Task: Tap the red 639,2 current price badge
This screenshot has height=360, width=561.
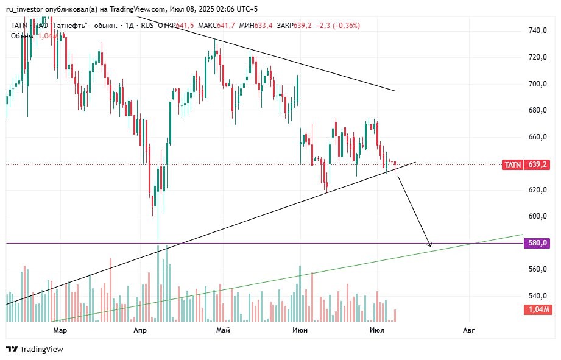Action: pyautogui.click(x=538, y=164)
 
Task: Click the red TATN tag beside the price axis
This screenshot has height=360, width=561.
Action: pyautogui.click(x=512, y=164)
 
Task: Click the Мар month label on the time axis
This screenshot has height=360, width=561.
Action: pyautogui.click(x=60, y=330)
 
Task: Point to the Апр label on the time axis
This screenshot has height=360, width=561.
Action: pyautogui.click(x=140, y=330)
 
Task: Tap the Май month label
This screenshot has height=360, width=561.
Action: pyautogui.click(x=223, y=330)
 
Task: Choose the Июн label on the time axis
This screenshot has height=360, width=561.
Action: pyautogui.click(x=300, y=330)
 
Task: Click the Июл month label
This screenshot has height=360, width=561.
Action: pyautogui.click(x=378, y=330)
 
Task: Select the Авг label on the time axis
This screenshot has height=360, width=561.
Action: pyautogui.click(x=468, y=330)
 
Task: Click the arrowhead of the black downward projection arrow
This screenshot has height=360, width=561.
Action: pyautogui.click(x=430, y=244)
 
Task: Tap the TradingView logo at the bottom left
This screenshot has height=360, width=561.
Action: pyautogui.click(x=35, y=349)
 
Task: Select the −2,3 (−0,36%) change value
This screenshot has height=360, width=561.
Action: pyautogui.click(x=338, y=26)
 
